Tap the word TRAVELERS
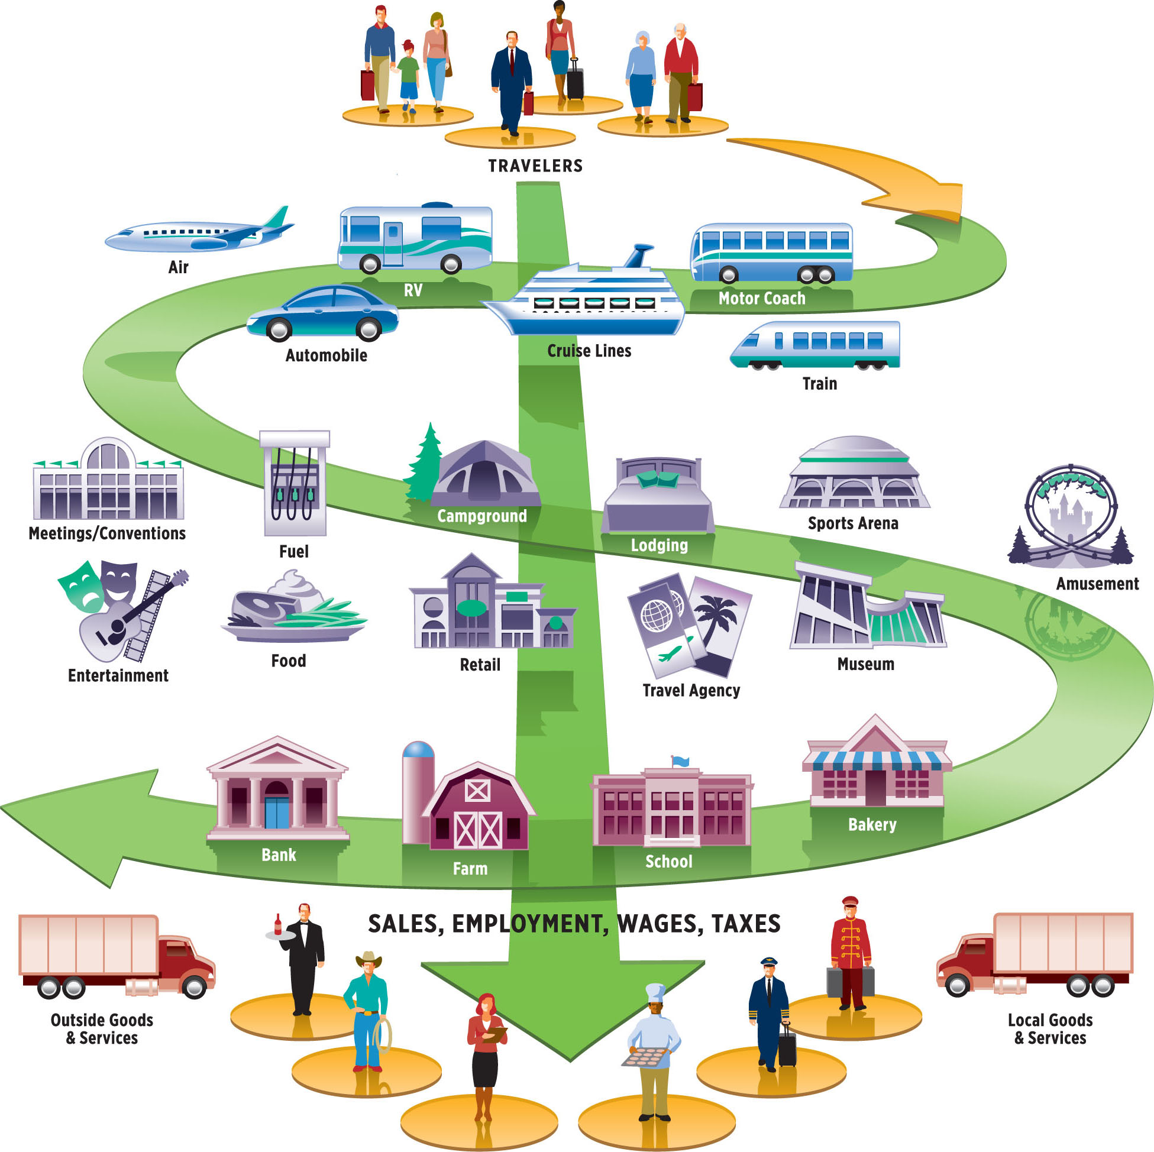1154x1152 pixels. (x=535, y=166)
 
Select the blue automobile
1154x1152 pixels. (x=322, y=313)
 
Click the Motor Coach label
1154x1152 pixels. (x=762, y=298)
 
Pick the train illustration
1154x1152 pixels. (x=814, y=345)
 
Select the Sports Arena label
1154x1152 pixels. (x=853, y=523)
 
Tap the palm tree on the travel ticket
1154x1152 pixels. (x=717, y=615)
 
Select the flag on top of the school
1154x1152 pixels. (x=680, y=761)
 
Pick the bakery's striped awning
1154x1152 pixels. (x=875, y=761)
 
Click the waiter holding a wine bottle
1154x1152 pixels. (x=305, y=956)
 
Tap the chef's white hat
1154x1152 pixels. (x=655, y=991)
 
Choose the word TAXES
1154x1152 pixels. (x=746, y=924)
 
